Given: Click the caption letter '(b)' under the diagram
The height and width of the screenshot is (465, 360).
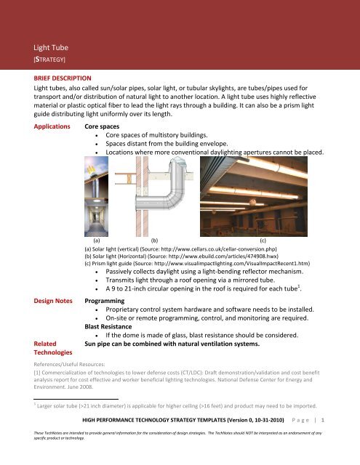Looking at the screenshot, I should pos(154,238).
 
